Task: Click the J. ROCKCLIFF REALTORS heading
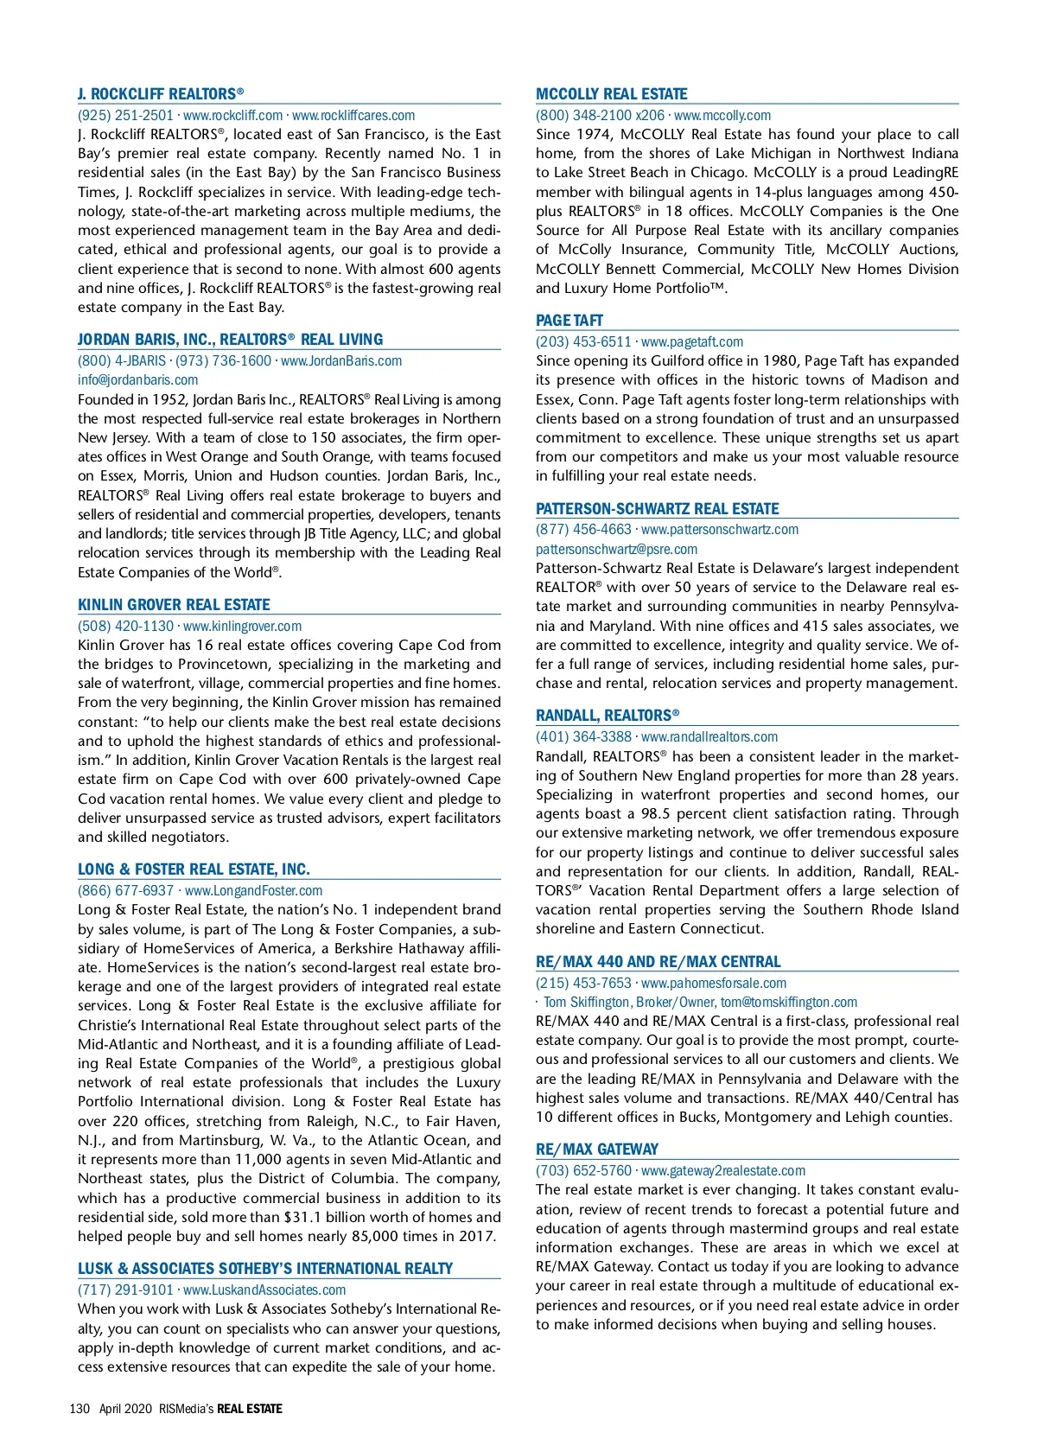(x=161, y=94)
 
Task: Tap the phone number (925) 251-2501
(x=125, y=116)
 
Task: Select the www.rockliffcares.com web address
(x=353, y=116)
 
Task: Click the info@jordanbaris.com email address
(x=137, y=380)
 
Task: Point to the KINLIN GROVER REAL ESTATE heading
(x=174, y=605)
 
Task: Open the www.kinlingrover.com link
(x=242, y=627)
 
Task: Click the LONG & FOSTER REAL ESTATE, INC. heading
(x=194, y=869)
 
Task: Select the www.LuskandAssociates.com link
(x=264, y=1290)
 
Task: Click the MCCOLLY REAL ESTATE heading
(x=611, y=94)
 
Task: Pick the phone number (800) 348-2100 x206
(x=600, y=116)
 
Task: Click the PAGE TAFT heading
(x=569, y=321)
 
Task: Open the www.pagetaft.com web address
(x=691, y=342)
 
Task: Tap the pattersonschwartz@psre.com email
(x=616, y=550)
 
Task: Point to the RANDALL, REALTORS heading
(x=607, y=716)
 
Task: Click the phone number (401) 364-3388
(x=583, y=737)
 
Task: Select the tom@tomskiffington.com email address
(x=789, y=1003)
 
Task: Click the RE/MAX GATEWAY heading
(x=596, y=1149)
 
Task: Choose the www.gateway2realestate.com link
(x=722, y=1171)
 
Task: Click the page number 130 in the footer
(x=80, y=1409)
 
